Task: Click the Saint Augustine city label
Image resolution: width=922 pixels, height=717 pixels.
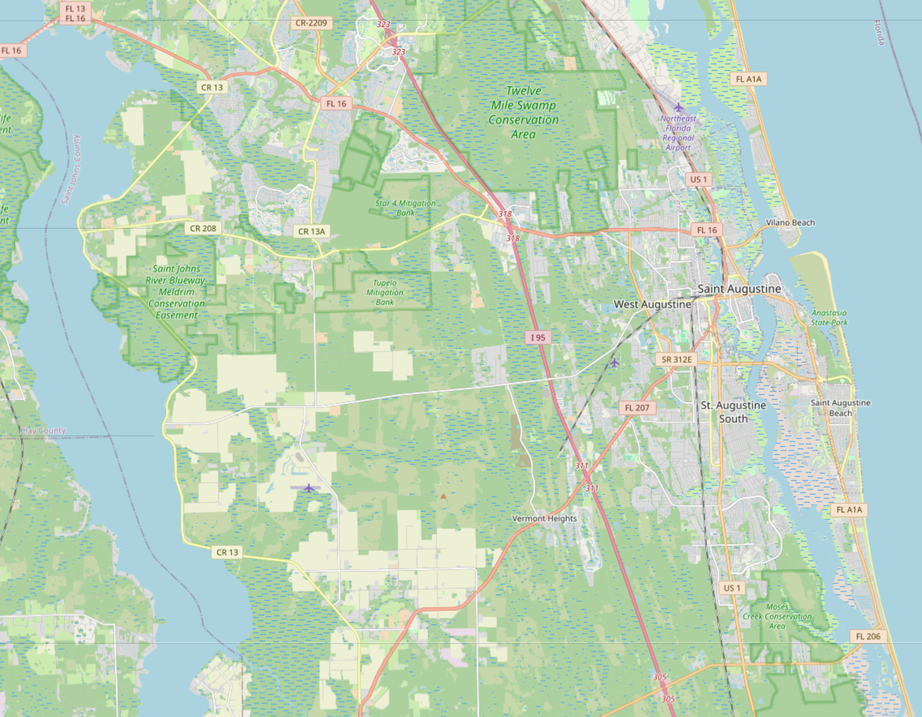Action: point(739,289)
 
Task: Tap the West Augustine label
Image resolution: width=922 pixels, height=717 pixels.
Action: point(652,304)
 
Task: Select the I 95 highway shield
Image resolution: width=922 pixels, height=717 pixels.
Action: point(538,338)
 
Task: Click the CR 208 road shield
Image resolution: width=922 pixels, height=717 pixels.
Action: point(203,229)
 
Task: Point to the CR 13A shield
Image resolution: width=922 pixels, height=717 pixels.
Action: point(312,232)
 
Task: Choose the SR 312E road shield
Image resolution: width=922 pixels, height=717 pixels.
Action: point(676,359)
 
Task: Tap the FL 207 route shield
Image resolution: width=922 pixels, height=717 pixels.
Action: point(637,408)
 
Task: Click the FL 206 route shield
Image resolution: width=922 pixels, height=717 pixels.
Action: point(868,636)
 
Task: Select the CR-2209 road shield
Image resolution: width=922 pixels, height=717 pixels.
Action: point(311,23)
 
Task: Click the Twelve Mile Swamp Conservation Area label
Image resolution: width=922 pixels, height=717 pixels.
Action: point(523,112)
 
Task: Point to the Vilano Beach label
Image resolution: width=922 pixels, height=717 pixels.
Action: point(790,223)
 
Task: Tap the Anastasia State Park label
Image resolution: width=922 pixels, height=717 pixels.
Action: point(829,318)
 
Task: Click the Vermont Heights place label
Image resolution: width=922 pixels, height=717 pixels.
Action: point(544,519)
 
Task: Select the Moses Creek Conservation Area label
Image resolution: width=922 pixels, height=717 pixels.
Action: point(777,617)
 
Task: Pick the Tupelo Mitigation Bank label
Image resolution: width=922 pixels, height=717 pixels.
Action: point(385,292)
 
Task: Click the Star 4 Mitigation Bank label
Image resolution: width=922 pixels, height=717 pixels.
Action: point(405,208)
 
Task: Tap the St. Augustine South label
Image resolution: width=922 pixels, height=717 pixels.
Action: point(733,412)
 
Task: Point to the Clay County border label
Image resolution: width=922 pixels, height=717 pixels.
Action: point(43,431)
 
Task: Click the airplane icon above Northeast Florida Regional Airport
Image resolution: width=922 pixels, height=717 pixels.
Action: point(678,107)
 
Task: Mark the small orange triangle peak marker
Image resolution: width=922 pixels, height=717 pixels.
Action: point(443,496)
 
